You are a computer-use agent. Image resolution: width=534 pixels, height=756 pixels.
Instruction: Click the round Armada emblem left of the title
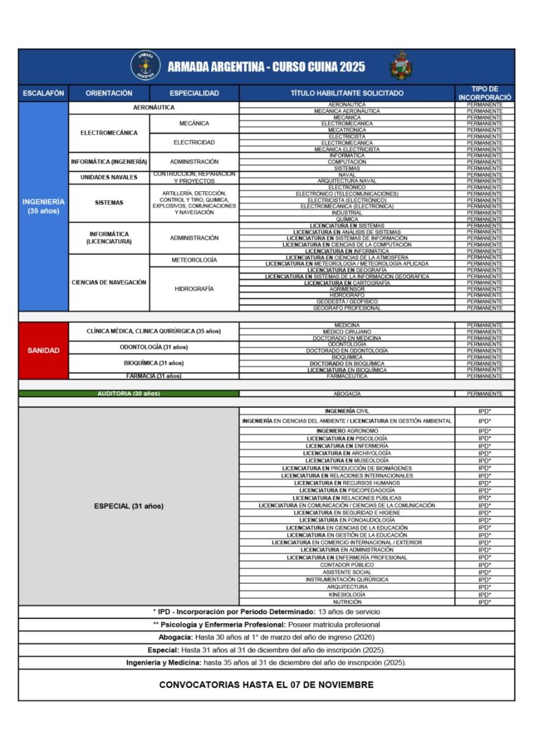point(145,66)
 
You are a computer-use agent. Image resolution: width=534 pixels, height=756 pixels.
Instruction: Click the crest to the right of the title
point(401,66)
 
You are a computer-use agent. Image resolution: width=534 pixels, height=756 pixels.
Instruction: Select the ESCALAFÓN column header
point(44,93)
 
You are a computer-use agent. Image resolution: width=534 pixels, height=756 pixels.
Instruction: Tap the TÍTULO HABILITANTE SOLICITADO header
point(347,93)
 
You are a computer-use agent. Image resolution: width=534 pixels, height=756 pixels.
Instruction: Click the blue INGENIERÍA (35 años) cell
point(44,206)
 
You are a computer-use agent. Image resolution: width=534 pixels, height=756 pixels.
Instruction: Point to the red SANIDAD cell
point(44,350)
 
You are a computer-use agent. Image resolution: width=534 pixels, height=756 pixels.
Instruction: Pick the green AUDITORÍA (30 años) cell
point(129,394)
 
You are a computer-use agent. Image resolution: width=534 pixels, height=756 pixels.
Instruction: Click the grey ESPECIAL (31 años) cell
point(129,506)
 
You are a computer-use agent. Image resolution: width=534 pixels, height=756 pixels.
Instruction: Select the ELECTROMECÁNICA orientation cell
point(109,133)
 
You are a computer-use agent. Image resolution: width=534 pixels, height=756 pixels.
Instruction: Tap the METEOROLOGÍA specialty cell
point(194,260)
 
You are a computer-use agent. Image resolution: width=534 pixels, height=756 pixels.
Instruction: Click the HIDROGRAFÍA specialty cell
point(194,289)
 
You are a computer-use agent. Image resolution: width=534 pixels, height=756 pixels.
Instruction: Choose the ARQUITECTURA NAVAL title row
point(347,181)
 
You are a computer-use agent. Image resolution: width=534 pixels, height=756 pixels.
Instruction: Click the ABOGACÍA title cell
point(347,394)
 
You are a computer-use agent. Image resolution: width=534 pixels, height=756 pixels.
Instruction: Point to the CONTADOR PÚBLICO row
point(347,565)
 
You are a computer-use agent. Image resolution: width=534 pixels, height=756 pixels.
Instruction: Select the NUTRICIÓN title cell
point(347,602)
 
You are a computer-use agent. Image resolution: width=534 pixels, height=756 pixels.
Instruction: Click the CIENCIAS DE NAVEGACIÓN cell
point(109,282)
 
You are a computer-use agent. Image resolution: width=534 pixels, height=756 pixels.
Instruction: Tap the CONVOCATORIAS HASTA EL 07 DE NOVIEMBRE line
point(266,684)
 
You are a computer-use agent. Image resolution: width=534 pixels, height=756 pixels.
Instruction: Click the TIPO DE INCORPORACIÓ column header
point(485,93)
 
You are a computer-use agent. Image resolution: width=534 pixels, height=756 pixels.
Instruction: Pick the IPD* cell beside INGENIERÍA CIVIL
point(485,411)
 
